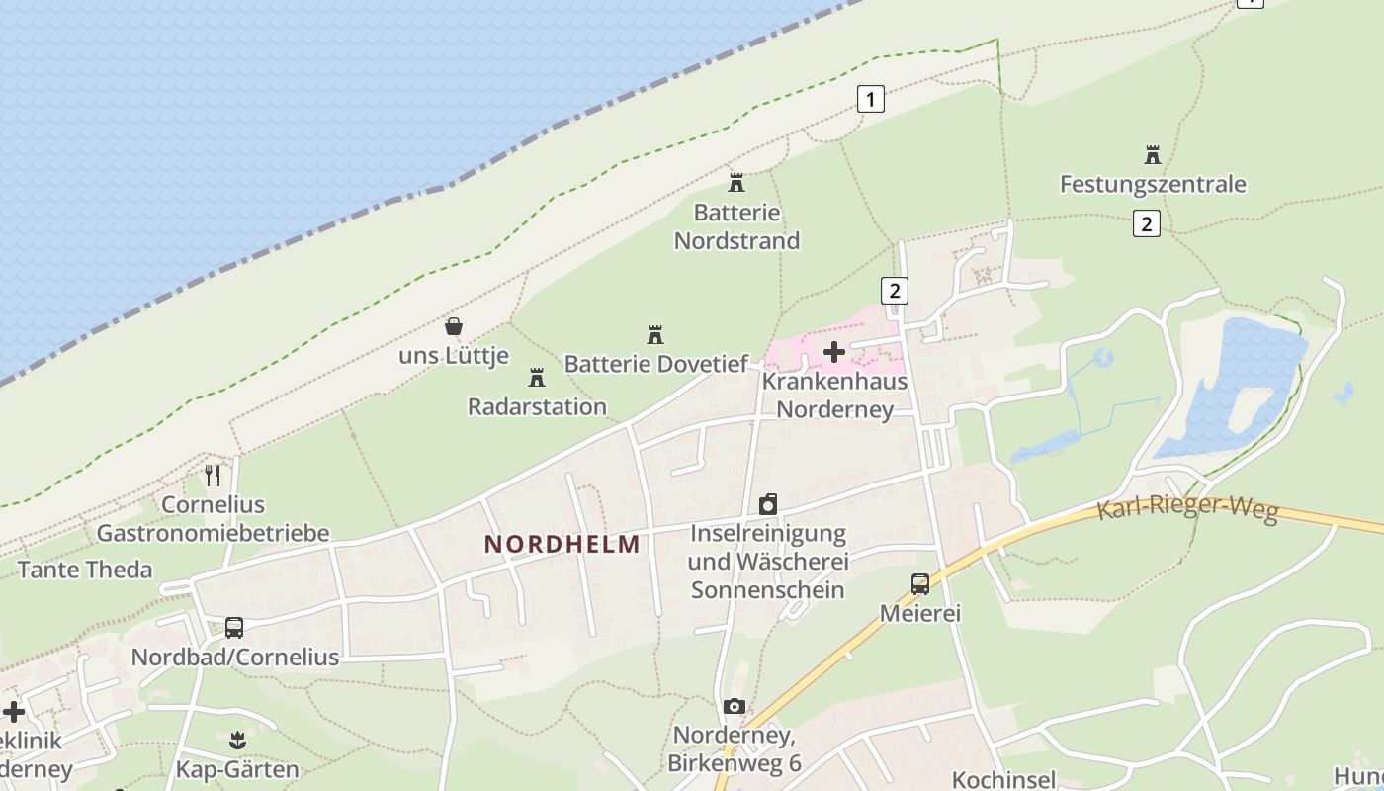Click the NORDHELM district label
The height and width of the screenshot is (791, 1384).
tap(562, 544)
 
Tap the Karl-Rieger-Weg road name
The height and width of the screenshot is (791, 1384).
tap(1187, 510)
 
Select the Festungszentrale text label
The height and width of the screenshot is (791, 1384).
tap(1153, 184)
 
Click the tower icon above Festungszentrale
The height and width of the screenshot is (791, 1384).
tap(1153, 154)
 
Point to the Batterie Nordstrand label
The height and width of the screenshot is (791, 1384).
tap(736, 226)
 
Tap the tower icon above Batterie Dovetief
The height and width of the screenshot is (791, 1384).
tap(654, 334)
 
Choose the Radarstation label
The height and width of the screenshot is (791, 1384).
tap(537, 406)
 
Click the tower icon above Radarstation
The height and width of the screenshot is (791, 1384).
tap(537, 377)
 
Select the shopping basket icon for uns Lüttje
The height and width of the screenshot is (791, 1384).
tap(454, 325)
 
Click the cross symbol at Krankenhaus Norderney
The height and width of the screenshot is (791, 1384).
tap(834, 351)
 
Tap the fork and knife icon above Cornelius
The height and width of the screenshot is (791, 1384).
tap(213, 475)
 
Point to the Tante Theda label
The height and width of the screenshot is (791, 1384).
tap(85, 570)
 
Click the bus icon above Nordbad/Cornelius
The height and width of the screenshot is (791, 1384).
tap(234, 627)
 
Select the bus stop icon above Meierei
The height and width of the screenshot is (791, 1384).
tap(920, 583)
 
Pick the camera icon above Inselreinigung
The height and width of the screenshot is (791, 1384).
tap(768, 504)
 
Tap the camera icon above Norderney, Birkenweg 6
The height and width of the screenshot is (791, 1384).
tap(734, 706)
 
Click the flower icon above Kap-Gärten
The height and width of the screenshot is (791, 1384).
tap(237, 740)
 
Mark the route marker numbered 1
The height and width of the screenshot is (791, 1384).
tap(870, 99)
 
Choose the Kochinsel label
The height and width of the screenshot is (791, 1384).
tap(1003, 779)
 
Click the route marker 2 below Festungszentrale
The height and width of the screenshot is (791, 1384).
tap(1146, 223)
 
